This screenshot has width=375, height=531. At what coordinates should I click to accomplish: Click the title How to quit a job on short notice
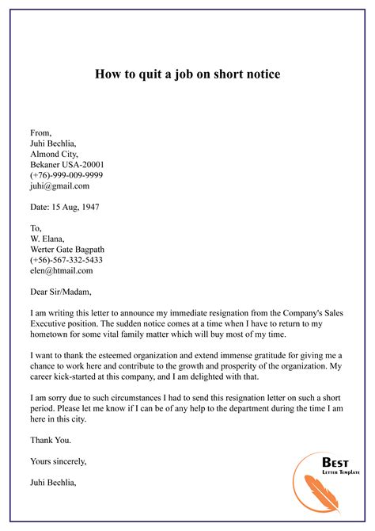(x=187, y=75)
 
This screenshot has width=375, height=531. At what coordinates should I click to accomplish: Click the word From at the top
(x=41, y=132)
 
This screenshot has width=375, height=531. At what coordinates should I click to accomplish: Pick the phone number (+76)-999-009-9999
(x=66, y=175)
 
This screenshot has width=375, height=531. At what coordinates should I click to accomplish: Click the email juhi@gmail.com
(x=59, y=186)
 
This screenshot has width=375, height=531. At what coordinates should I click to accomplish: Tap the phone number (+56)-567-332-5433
(x=66, y=259)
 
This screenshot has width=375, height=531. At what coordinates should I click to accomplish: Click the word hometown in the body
(x=53, y=337)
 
